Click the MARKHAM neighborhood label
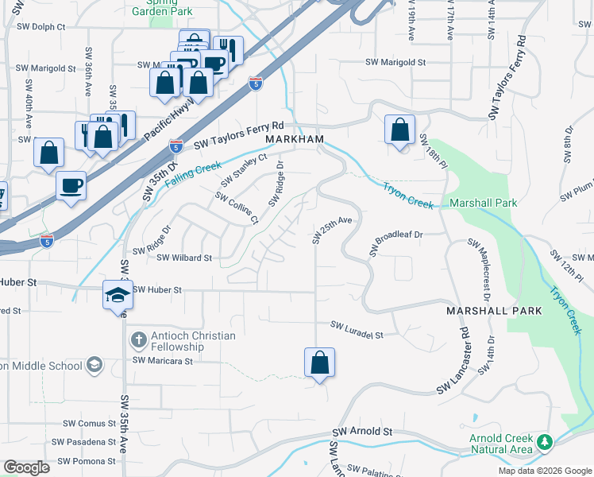pyautogui.click(x=295, y=138)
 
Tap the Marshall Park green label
pyautogui.click(x=484, y=204)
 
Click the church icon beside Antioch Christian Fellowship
pyautogui.click(x=138, y=340)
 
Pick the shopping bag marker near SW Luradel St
pyautogui.click(x=319, y=363)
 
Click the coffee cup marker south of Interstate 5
pyautogui.click(x=71, y=185)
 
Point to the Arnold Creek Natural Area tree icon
pyautogui.click(x=544, y=441)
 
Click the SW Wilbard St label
pyautogui.click(x=184, y=258)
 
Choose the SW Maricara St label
pyautogui.click(x=163, y=361)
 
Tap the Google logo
pyautogui.click(x=26, y=467)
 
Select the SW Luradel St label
pyautogui.click(x=357, y=327)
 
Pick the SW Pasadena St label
pyautogui.click(x=84, y=442)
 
